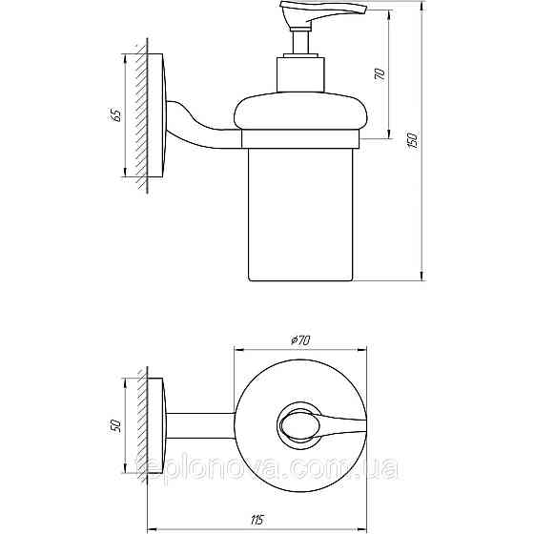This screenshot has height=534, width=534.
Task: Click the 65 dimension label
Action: [x=115, y=114]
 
